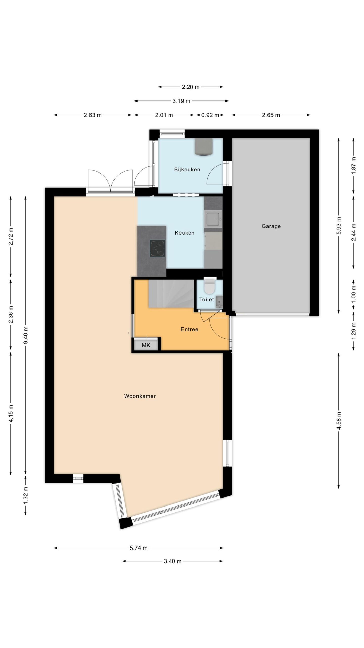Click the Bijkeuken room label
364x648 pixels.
click(x=187, y=170)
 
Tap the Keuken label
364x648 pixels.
click(x=185, y=233)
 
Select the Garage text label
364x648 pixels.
click(x=271, y=226)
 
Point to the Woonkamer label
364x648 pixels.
click(x=140, y=396)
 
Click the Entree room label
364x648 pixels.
click(x=189, y=329)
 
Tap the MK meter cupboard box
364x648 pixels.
click(x=146, y=345)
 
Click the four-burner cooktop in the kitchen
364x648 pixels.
click(x=157, y=248)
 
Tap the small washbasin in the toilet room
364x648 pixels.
click(x=219, y=302)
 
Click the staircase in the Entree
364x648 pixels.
click(x=171, y=294)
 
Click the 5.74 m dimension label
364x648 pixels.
click(x=139, y=548)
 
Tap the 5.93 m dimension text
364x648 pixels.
click(x=339, y=226)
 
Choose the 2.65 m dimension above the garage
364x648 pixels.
click(x=271, y=115)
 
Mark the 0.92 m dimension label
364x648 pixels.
click(x=210, y=115)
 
